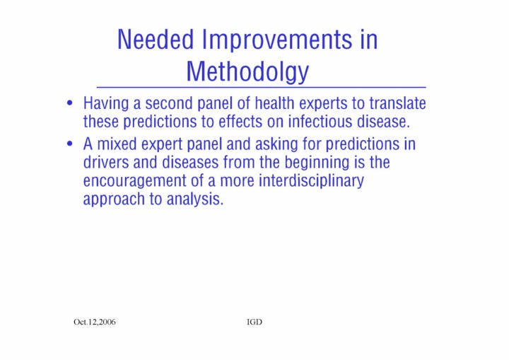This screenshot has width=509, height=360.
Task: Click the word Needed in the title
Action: pos(156,40)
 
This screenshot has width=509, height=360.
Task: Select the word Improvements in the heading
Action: pos(277,40)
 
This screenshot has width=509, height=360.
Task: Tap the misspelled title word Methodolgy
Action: pos(247,72)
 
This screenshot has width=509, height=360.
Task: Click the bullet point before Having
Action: pos(69,103)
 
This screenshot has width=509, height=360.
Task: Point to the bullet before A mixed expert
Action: pos(69,144)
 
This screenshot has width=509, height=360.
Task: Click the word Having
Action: pos(106,104)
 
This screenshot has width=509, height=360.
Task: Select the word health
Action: pos(274,103)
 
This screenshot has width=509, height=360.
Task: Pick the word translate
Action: pos(397,103)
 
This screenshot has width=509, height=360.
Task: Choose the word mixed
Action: pos(117,144)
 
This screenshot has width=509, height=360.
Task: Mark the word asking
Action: pos(276,144)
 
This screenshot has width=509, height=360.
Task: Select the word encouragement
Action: pos(134,181)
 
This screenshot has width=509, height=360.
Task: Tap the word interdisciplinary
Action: pos(311,181)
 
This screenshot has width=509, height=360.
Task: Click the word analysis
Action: pos(195,199)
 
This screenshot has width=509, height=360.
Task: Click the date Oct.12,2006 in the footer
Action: pos(95,322)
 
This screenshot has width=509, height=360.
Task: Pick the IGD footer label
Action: pos(255,322)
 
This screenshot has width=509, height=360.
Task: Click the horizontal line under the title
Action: pos(262,88)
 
